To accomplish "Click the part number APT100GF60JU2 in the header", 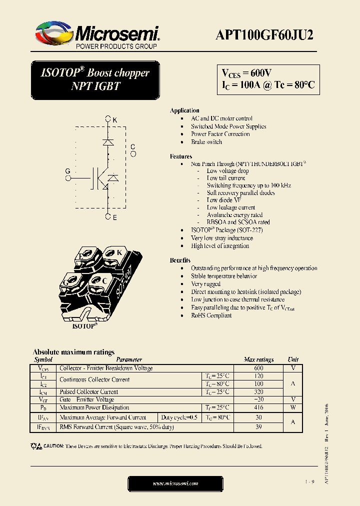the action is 265,34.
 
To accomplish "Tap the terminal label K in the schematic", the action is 114,120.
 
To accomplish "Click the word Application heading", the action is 184,110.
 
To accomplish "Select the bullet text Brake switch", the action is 206,142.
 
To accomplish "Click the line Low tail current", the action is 226,178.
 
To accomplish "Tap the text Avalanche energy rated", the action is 234,215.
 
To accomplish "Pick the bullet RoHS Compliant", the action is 211,315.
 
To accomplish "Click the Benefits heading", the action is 180,260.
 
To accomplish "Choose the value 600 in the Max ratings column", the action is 258,368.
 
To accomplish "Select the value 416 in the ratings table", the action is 258,408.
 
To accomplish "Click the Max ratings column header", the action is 258,359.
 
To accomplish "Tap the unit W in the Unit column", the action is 293,408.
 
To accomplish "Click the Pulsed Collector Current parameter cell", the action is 89,392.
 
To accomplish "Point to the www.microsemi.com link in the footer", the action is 175,483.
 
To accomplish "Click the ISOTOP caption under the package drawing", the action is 85,325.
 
